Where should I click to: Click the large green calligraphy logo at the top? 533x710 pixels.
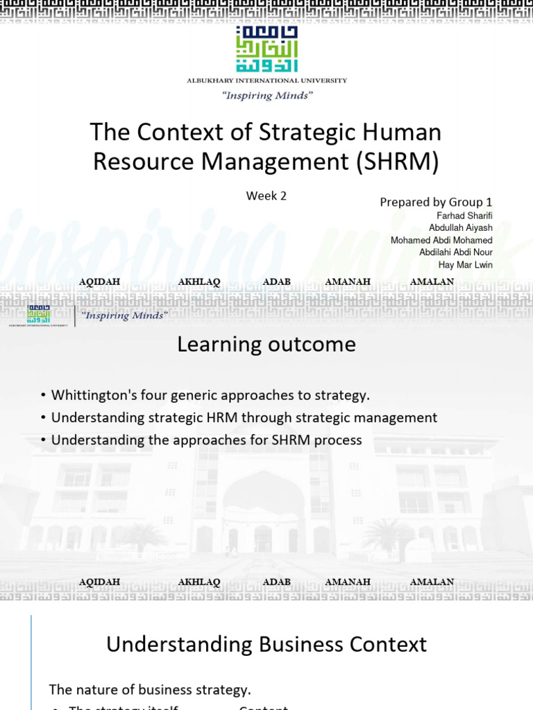click(x=266, y=51)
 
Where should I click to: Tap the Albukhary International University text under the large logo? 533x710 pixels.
click(x=266, y=80)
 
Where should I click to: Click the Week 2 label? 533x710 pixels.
click(x=266, y=196)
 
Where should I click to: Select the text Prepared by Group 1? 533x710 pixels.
click(x=436, y=202)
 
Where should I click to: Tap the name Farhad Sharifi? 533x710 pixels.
click(x=464, y=216)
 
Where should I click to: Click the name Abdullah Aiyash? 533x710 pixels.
click(x=460, y=228)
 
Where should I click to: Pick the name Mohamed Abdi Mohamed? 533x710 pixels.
click(x=441, y=241)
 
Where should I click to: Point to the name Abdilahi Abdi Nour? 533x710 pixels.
click(x=456, y=252)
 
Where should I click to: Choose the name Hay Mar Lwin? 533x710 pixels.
click(x=466, y=265)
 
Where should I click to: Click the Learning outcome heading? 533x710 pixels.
click(x=266, y=344)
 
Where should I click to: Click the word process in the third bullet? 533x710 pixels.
click(x=339, y=440)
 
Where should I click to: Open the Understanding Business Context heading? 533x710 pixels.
click(x=266, y=644)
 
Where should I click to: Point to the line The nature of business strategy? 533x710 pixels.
click(x=150, y=689)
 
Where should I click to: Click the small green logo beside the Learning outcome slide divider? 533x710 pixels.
click(x=38, y=314)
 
